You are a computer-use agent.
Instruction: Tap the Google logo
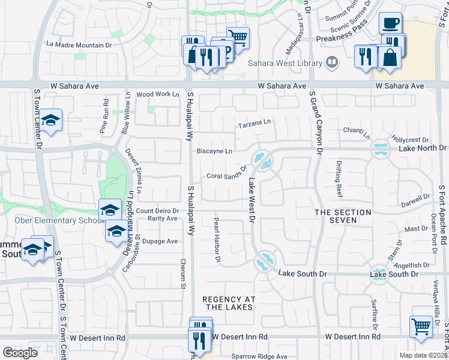[20, 352]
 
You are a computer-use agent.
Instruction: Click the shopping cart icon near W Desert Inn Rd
[421, 326]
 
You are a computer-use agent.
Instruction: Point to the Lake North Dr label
[423, 148]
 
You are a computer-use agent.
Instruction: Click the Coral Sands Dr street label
[227, 174]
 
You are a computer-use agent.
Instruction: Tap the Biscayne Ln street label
[214, 151]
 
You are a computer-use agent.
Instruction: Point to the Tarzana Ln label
[254, 124]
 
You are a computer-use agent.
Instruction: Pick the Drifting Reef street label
[339, 184]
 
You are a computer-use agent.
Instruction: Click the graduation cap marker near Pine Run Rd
[52, 119]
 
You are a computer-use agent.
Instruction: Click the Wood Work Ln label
[158, 94]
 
